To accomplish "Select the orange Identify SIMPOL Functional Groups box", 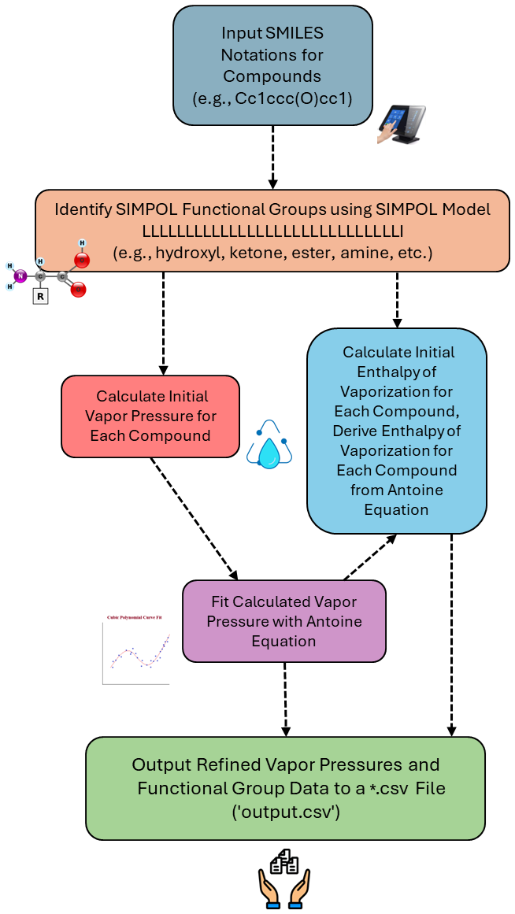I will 272,231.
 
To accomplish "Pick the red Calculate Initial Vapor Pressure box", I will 150,416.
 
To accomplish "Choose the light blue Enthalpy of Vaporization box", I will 396,431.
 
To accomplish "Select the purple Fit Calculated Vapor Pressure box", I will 283,621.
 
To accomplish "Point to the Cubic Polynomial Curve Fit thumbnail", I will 135,649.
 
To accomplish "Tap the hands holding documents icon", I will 284,879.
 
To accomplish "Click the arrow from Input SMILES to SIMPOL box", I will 272,157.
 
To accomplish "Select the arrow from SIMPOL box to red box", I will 164,323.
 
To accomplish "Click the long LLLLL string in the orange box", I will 272,231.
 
